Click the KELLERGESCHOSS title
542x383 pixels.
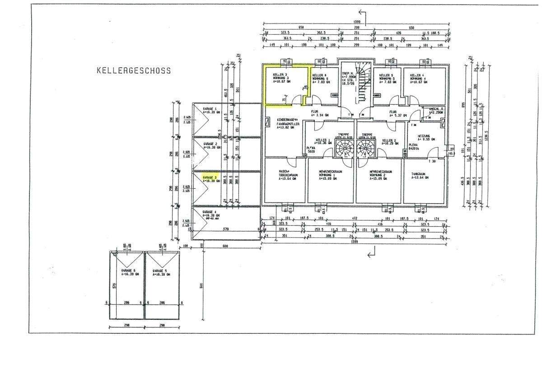point(134,70)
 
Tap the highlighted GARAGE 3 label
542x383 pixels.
point(210,177)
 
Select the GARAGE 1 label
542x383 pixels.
point(210,109)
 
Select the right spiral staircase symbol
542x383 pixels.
point(366,148)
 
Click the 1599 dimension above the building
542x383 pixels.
point(356,22)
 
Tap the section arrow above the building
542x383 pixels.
point(361,14)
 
